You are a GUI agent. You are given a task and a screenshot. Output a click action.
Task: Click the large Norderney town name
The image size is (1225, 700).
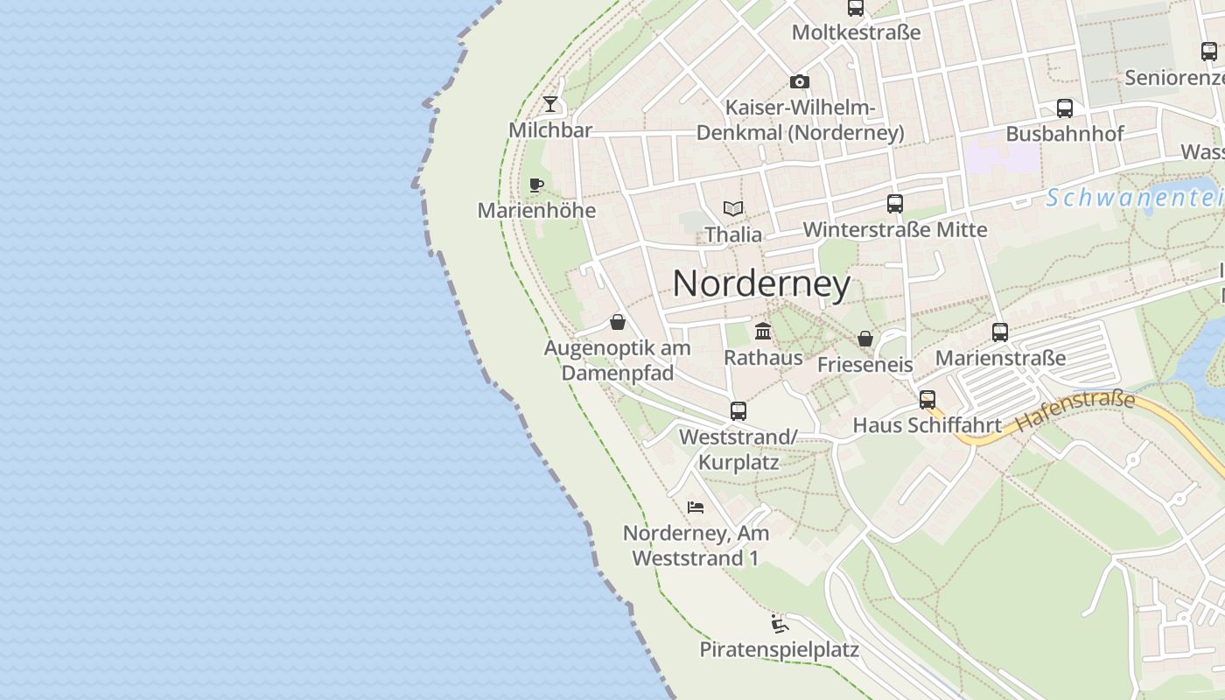761,283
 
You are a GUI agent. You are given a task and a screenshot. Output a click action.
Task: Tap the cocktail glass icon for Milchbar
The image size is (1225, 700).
550,104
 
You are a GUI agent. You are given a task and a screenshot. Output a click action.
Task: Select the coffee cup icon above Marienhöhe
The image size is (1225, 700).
536,185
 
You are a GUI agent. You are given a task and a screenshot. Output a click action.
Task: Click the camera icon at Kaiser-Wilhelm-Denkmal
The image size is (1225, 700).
799,81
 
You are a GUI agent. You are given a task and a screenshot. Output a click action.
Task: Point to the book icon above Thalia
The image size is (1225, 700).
733,208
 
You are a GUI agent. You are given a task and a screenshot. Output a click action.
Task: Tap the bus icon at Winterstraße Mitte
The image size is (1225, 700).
895,204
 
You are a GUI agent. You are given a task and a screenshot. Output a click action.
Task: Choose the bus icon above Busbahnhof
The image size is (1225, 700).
1065,108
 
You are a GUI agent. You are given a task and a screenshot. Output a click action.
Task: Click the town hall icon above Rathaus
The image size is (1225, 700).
763,332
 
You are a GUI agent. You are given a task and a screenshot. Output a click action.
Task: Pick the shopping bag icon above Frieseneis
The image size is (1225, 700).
865,339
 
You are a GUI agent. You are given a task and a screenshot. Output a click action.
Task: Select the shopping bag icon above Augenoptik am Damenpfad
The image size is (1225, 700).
618,322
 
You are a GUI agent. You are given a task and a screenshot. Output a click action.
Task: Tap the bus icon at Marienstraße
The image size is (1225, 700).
1000,332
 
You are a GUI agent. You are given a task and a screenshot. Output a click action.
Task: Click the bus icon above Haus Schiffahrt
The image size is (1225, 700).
927,400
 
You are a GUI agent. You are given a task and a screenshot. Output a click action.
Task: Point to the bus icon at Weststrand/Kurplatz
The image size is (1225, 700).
738,410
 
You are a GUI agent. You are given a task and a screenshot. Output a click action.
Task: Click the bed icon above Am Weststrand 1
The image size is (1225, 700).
696,507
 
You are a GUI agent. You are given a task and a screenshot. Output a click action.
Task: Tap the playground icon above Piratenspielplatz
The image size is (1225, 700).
779,624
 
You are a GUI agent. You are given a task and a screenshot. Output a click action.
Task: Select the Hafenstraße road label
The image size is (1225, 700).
1075,412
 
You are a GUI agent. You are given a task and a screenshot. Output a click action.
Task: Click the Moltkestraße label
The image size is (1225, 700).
856,32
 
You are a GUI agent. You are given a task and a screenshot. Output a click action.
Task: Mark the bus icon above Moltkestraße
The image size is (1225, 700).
856,8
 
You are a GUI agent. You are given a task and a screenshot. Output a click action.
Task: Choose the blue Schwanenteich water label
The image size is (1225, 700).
1134,198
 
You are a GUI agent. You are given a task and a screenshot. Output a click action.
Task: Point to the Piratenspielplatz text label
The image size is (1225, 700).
779,650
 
